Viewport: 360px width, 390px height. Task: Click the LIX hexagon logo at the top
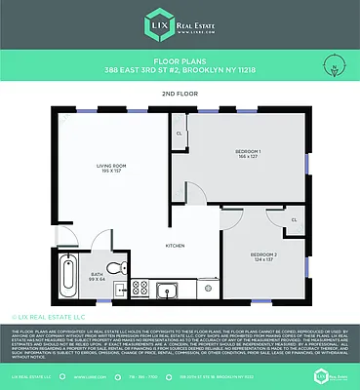[x=157, y=23]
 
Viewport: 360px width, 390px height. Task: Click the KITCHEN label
[x=175, y=245]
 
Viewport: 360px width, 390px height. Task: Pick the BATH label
[x=98, y=275]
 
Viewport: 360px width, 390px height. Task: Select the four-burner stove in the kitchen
[x=139, y=289]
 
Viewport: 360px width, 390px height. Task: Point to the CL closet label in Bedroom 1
[x=179, y=134]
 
